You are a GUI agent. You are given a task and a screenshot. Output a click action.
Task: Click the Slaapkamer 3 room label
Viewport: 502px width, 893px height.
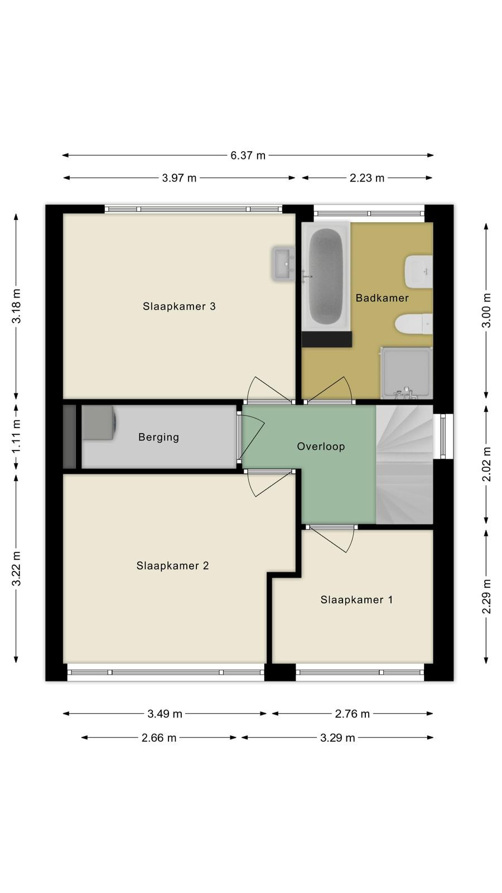pyautogui.click(x=179, y=306)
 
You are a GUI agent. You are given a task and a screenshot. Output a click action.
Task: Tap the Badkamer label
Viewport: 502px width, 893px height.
pyautogui.click(x=382, y=298)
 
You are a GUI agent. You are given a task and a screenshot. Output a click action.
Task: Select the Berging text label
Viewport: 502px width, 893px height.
pyautogui.click(x=158, y=438)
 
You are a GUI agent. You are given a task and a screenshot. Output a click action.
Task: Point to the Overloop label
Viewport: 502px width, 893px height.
pyautogui.click(x=321, y=446)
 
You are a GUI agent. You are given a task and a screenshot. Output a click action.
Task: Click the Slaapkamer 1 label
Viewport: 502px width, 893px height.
pyautogui.click(x=356, y=599)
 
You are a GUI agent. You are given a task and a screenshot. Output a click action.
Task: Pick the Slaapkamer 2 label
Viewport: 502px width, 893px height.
pyautogui.click(x=172, y=566)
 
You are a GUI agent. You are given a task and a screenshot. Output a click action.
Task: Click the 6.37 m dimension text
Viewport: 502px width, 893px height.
pyautogui.click(x=248, y=156)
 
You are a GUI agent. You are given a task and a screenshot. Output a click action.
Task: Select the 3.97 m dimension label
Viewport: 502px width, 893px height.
pyautogui.click(x=179, y=178)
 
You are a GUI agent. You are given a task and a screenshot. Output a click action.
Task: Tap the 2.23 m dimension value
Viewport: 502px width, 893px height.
pyautogui.click(x=367, y=178)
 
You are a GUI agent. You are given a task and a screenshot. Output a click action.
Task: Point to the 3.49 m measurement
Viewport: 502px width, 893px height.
pyautogui.click(x=165, y=714)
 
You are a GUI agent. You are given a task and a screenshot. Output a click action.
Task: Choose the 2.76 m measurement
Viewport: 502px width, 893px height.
pyautogui.click(x=352, y=714)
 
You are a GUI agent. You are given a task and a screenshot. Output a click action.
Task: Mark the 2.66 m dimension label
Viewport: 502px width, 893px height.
pyautogui.click(x=159, y=738)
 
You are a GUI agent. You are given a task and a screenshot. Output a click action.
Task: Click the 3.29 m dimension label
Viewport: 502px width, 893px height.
pyautogui.click(x=337, y=738)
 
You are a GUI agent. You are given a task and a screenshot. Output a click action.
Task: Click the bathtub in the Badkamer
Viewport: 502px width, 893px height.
pyautogui.click(x=326, y=276)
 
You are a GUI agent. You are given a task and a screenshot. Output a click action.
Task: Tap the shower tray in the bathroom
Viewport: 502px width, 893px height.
pyautogui.click(x=407, y=373)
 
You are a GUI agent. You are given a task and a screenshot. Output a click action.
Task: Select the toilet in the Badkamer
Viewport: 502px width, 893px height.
pyautogui.click(x=414, y=324)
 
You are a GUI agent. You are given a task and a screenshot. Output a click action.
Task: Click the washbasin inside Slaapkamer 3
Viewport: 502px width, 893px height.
pyautogui.click(x=283, y=263)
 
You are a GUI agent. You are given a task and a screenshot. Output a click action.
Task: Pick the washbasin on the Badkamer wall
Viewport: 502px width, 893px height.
pyautogui.click(x=419, y=272)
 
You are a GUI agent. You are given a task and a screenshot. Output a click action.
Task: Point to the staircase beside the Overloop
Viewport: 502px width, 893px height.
pyautogui.click(x=404, y=464)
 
